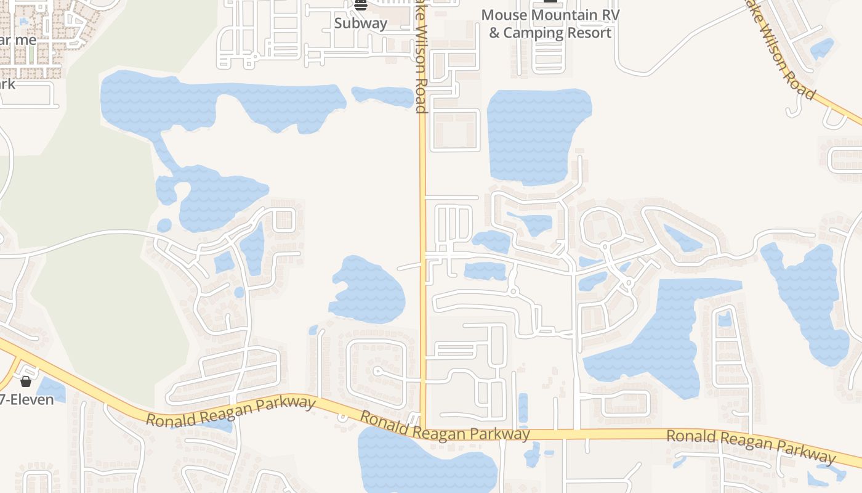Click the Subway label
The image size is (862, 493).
point(361,23)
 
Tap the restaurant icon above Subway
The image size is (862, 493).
point(361,5)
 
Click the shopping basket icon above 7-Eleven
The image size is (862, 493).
point(26,381)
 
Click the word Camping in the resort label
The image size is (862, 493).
point(532,33)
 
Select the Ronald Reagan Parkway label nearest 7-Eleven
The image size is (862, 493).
point(231,411)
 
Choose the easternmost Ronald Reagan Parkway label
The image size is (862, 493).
point(751,445)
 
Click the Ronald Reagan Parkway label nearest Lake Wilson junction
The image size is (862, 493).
point(445,426)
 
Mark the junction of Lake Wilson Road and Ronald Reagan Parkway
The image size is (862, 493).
point(424,429)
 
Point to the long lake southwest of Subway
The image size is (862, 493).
point(222,102)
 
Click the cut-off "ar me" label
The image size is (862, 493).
point(18,40)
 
